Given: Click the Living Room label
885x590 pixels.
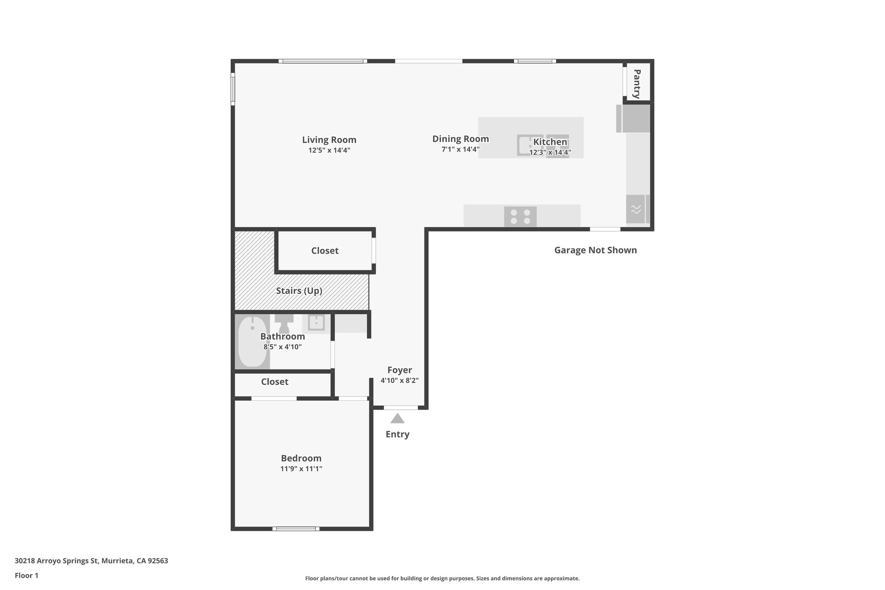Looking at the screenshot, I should [329, 140].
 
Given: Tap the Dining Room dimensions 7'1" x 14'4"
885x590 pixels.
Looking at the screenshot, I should [460, 150].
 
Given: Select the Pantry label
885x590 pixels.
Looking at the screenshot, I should [637, 84].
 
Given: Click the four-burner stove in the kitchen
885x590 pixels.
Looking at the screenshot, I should [520, 217].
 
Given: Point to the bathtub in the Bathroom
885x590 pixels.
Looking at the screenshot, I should [252, 341].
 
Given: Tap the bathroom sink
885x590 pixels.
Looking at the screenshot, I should [316, 322].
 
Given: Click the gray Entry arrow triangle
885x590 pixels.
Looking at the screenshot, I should [397, 418].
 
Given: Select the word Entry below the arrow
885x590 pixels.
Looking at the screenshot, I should [397, 434].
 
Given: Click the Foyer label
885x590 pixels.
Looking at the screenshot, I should [399, 370].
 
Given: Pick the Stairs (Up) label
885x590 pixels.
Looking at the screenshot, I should [299, 290].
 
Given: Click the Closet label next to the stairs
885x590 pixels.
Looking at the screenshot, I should [325, 251].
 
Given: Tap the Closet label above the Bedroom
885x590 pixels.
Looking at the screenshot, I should [274, 382].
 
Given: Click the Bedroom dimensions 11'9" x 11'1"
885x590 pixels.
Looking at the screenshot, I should [301, 469].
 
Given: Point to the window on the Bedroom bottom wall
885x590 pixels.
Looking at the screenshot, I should [296, 528].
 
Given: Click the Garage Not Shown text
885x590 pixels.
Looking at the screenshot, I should [595, 250].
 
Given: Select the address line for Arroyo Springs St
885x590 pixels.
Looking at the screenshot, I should [91, 561].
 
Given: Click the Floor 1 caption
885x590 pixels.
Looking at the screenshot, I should [26, 575].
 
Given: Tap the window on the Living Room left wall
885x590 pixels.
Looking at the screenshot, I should [232, 89].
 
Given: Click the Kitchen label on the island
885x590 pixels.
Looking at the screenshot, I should [550, 142].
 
